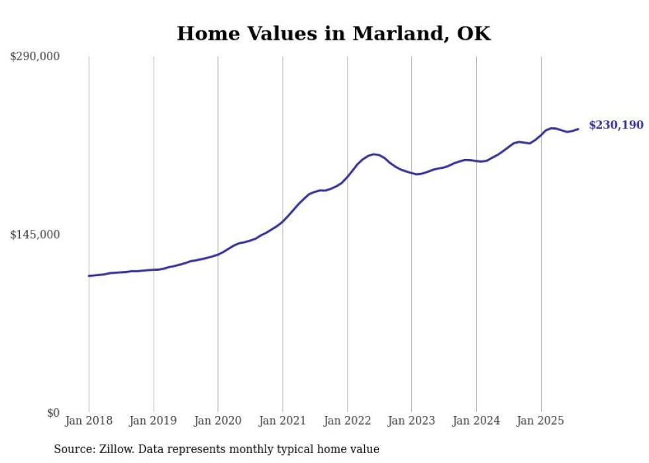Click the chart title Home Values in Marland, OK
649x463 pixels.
(334, 34)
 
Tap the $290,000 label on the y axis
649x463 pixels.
(35, 57)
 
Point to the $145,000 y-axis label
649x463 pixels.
(35, 234)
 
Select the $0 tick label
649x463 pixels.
(53, 413)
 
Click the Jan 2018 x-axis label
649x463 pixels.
(89, 421)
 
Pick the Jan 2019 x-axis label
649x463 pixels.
(154, 421)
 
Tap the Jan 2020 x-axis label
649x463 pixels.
(218, 421)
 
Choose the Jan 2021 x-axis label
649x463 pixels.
(283, 421)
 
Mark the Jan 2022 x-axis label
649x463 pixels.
(347, 421)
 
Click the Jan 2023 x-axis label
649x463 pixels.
(412, 421)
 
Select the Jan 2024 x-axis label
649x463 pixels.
(476, 421)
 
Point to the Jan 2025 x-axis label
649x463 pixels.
(541, 421)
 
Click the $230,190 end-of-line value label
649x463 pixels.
(616, 125)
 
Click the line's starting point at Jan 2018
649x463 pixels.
(89, 276)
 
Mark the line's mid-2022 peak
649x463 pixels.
(375, 154)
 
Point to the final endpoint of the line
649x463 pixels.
(579, 129)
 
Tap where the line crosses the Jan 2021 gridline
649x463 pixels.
(283, 221)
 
